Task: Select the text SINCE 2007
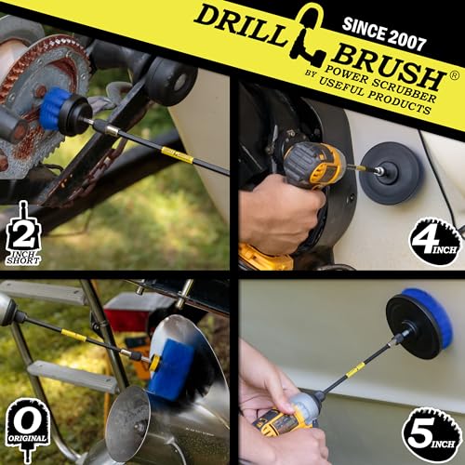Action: pos(384,34)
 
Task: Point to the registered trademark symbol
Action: pos(454,76)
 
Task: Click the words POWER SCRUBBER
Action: pos(380,85)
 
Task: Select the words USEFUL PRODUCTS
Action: pos(374,96)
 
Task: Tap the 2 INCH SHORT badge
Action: pos(23,234)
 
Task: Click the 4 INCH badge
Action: pos(436,242)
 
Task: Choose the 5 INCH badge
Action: pos(431,435)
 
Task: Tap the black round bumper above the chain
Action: pos(171,77)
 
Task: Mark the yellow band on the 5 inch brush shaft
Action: pos(355,370)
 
